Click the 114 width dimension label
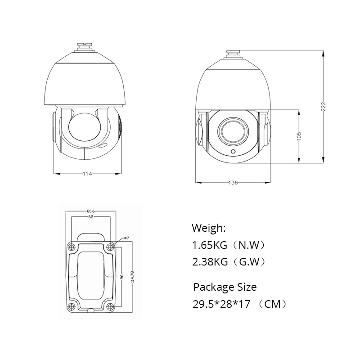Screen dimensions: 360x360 click(x=88, y=174)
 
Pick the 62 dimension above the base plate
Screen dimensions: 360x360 click(x=90, y=217)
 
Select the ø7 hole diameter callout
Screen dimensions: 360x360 click(x=126, y=238)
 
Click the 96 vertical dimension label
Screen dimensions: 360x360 click(x=122, y=277)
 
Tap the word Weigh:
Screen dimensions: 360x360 click(x=209, y=228)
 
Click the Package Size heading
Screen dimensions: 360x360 click(x=225, y=287)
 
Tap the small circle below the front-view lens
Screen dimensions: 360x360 click(x=233, y=152)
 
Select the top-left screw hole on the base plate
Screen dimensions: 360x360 click(x=71, y=247)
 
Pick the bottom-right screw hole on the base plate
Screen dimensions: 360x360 click(x=110, y=307)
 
